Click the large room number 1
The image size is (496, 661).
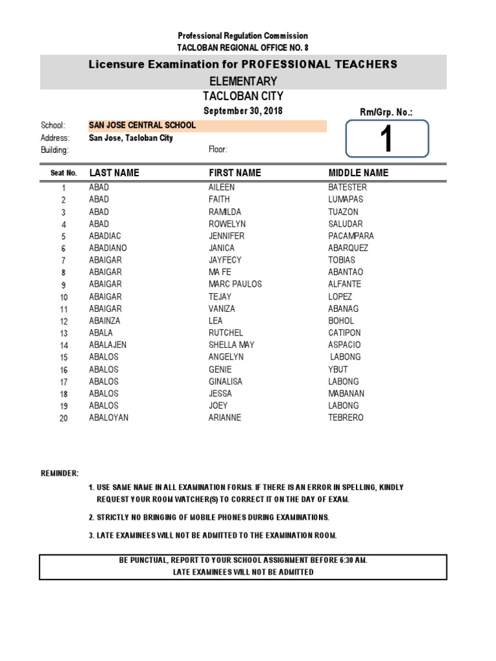[x=387, y=139]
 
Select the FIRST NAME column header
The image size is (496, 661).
[x=234, y=173]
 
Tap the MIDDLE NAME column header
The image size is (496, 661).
[x=358, y=173]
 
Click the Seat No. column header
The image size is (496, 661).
[x=63, y=173]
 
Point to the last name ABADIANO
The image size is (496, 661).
[x=108, y=249]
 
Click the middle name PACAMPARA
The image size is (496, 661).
[x=351, y=236]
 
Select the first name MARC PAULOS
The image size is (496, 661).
[x=235, y=285]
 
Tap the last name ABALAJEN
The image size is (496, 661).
[x=108, y=345]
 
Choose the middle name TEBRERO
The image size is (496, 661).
[x=346, y=418]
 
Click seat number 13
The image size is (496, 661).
[x=64, y=334]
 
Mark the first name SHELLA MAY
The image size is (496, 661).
[x=231, y=345]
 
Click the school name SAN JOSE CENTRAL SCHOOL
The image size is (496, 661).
[x=142, y=125]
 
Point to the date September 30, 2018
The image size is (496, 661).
[x=243, y=111]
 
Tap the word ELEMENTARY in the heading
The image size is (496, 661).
[x=243, y=81]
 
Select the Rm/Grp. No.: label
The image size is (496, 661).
[x=386, y=112]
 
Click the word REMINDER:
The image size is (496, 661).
[x=60, y=473]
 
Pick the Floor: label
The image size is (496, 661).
[x=218, y=150]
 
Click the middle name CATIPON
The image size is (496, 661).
[x=344, y=333]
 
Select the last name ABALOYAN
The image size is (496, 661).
[x=108, y=418]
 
